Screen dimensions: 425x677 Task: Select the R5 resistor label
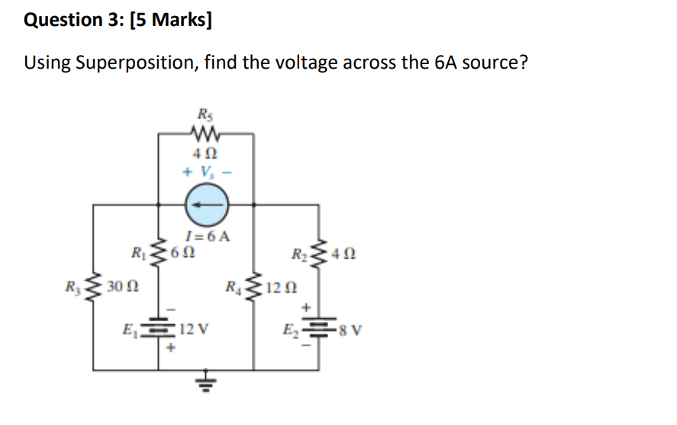(205, 115)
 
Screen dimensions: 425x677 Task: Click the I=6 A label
(207, 236)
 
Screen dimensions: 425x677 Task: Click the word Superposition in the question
(135, 63)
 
